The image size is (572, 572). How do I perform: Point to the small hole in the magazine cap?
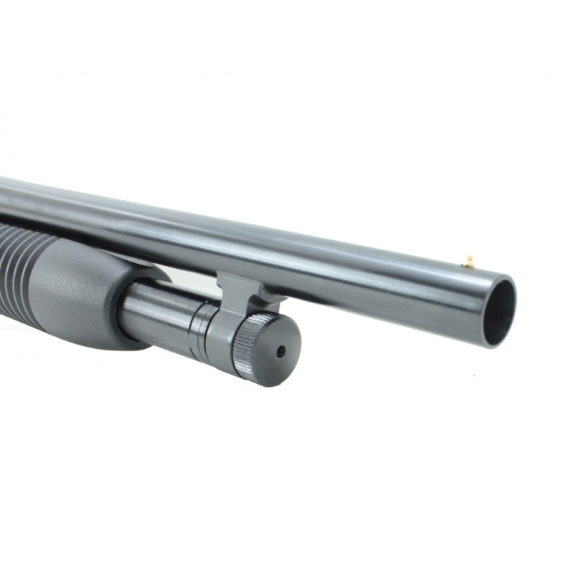click(x=281, y=351)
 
